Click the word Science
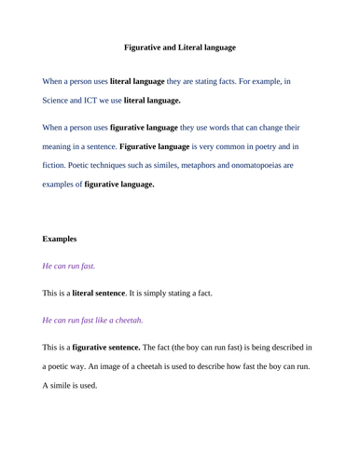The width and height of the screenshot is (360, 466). [x=58, y=100]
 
